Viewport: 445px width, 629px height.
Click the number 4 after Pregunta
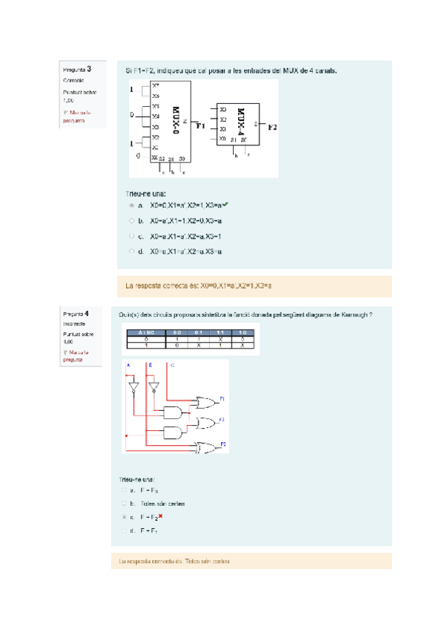point(88,313)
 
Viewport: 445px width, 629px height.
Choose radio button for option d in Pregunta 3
point(131,251)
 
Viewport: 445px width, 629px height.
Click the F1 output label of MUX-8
point(200,126)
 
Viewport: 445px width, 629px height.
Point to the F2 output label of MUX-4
point(272,127)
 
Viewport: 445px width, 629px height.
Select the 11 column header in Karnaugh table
point(220,332)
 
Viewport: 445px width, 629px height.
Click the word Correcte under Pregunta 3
point(73,80)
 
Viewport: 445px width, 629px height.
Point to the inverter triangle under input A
point(134,387)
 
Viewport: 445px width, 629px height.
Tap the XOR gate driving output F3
point(207,448)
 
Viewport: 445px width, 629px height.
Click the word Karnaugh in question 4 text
point(352,315)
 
